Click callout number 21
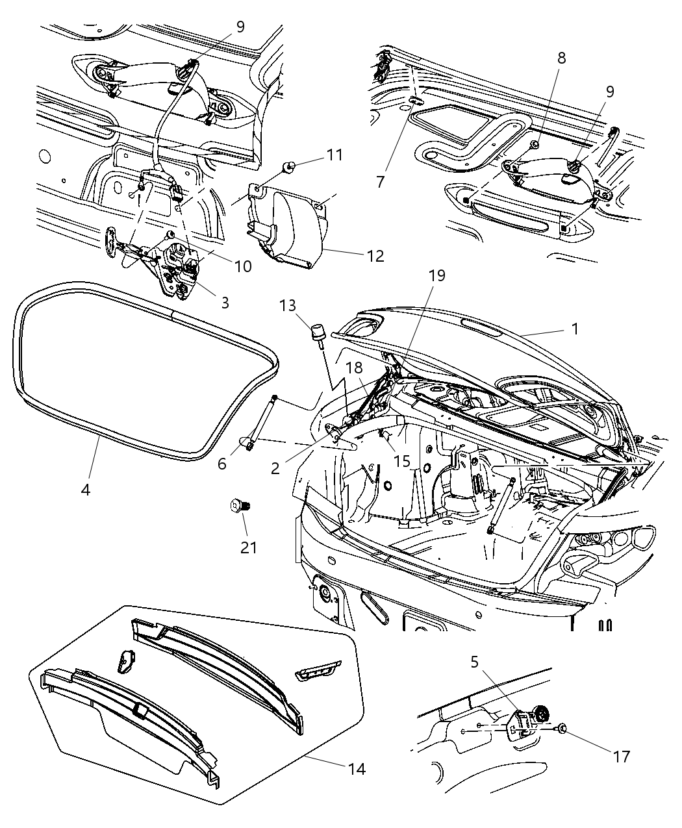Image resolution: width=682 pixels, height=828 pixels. [x=249, y=547]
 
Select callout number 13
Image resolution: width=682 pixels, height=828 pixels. [x=289, y=305]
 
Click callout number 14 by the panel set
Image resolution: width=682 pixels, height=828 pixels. [x=356, y=770]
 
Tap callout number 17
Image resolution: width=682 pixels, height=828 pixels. [x=622, y=756]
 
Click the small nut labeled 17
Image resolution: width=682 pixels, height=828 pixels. [x=562, y=729]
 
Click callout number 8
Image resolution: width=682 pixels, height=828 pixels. [x=561, y=57]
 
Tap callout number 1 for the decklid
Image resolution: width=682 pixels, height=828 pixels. [x=574, y=329]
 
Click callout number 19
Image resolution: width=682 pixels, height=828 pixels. [x=437, y=275]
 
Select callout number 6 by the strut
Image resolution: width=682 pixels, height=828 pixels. [x=223, y=464]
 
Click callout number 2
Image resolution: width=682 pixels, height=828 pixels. [x=275, y=468]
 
